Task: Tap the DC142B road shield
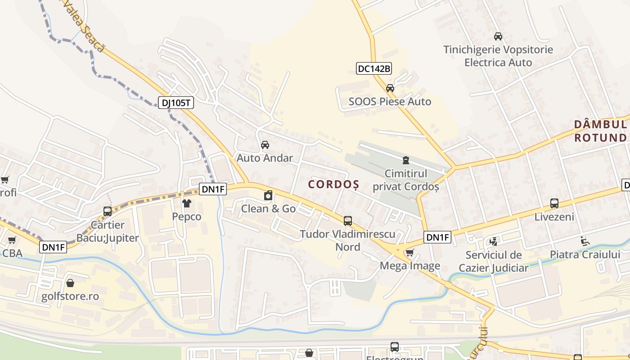coord(374,68)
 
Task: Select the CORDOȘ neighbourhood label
coord(333,184)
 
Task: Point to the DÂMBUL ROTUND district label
coord(600,130)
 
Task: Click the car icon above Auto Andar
coord(265,145)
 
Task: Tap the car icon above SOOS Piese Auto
coord(390,88)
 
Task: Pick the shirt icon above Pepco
coord(187,203)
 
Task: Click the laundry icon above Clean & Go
coord(268,195)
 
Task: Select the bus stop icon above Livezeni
coord(554,203)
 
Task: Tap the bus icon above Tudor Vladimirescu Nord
coord(348,220)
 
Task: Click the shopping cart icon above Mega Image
coord(409,253)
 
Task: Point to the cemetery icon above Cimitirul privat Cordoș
coord(406,160)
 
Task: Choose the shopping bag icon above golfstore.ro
coord(70,283)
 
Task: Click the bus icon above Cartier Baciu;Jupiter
coord(108,211)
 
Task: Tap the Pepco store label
coord(187,216)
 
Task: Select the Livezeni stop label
coord(554,217)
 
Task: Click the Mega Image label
coord(410,265)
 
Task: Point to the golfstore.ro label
coord(70,297)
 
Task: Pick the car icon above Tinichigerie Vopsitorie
coord(498,36)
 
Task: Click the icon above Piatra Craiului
coord(585,241)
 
